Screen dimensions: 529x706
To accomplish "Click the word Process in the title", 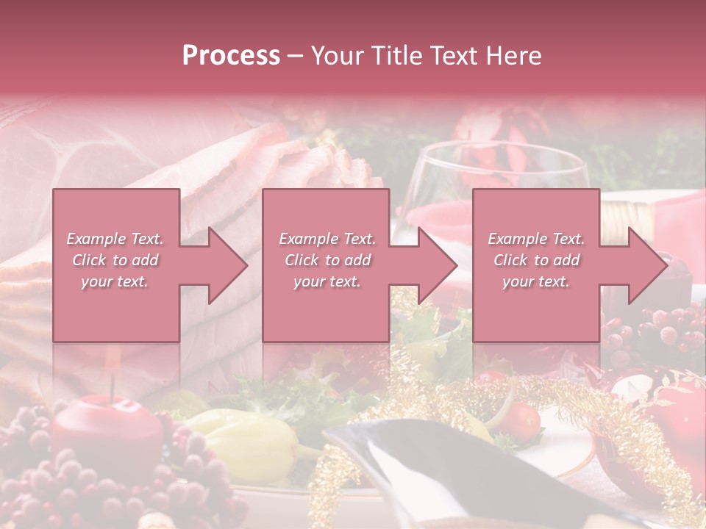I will click(x=231, y=56).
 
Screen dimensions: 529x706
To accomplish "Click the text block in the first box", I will click(x=115, y=260).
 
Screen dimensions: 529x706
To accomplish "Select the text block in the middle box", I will click(x=327, y=260).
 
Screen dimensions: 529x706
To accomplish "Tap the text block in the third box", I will click(x=536, y=260).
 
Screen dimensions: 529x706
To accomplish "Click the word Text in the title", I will click(x=462, y=56).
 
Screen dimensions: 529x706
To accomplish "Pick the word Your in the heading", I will click(x=337, y=56).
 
